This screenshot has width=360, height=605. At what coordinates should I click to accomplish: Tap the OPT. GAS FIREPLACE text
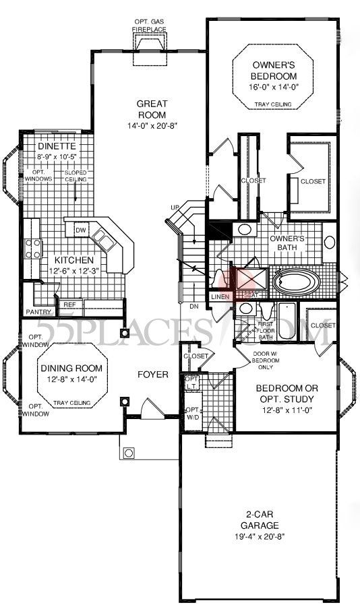click(150, 26)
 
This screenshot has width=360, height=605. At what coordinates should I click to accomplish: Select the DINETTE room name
click(56, 146)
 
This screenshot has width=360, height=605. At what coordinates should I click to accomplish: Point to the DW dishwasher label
click(80, 230)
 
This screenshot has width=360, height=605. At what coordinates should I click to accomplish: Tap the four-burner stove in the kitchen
click(32, 249)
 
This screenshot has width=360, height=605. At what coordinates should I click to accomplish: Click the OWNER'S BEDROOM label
click(272, 71)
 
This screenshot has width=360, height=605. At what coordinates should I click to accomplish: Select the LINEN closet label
click(220, 296)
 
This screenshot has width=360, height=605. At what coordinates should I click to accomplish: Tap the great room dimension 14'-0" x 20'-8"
click(152, 126)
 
